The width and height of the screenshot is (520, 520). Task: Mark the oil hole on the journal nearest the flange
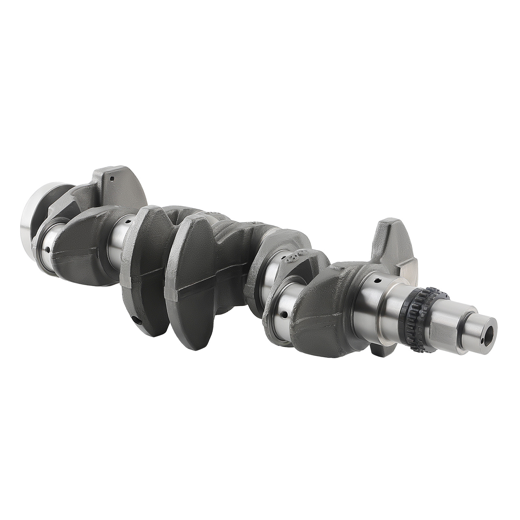point(48,250)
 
